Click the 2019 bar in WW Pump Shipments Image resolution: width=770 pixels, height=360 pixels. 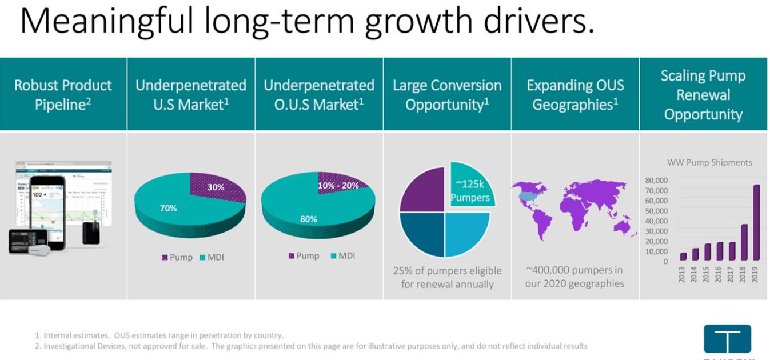tap(756, 223)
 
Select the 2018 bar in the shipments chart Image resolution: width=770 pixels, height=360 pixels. tap(744, 242)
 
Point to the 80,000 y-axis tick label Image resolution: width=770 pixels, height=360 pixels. tap(656, 180)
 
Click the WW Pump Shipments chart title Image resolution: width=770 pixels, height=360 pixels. tap(709, 162)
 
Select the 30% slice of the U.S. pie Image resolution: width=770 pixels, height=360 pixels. tap(217, 187)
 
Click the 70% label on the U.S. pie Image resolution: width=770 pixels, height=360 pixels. tap(168, 208)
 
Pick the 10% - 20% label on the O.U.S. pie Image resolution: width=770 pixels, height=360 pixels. tap(338, 186)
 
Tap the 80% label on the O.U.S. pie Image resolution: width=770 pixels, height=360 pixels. tap(309, 219)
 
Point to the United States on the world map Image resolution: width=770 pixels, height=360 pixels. tap(530, 197)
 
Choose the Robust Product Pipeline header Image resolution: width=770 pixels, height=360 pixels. tap(63, 95)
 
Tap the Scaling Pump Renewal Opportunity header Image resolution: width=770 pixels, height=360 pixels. tap(703, 95)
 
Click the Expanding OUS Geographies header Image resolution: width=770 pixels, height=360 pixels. tap(575, 95)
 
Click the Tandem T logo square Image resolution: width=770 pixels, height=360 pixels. tap(727, 339)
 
